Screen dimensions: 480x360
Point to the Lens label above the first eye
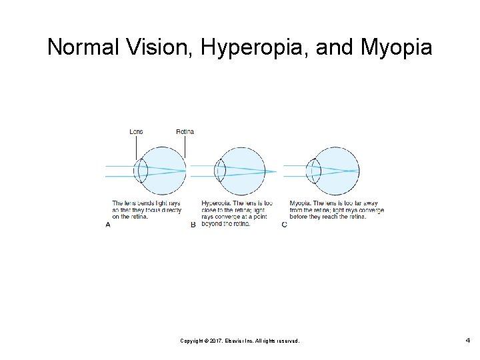point(136,131)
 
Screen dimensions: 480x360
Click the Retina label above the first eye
point(185,131)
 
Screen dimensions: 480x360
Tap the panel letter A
point(108,225)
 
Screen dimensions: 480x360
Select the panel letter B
point(193,225)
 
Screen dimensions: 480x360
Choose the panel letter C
point(285,225)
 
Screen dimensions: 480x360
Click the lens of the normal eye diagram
point(141,171)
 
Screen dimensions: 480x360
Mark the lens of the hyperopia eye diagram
point(221,171)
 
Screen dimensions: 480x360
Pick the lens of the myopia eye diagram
point(314,171)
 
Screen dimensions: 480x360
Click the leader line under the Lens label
point(136,147)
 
